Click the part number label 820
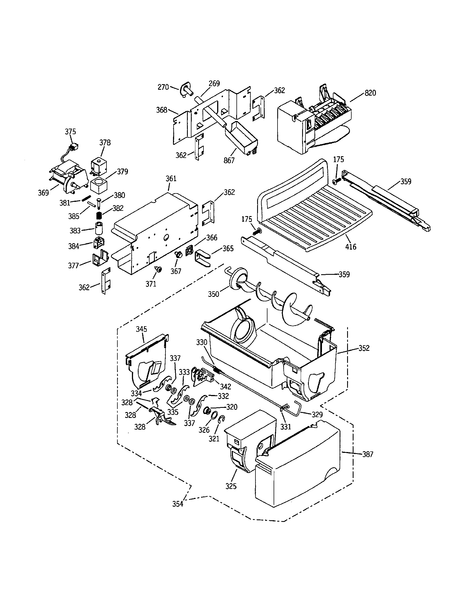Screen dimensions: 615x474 click(x=370, y=93)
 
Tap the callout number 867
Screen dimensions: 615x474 click(x=229, y=160)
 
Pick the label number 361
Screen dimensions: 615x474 click(x=171, y=179)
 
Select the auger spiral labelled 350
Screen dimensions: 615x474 click(x=270, y=299)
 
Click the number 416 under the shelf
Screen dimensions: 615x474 click(x=351, y=247)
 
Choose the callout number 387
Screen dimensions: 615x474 click(x=368, y=454)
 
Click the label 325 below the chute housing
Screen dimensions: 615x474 click(x=231, y=486)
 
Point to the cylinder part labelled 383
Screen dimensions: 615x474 click(x=98, y=228)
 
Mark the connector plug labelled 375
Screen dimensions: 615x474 click(x=74, y=146)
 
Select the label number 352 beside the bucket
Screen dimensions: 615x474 click(x=364, y=348)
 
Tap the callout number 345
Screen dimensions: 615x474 click(x=142, y=329)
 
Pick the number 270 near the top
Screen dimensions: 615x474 click(x=163, y=87)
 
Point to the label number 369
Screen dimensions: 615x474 click(x=44, y=193)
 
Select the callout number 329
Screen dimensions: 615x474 click(x=317, y=414)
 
